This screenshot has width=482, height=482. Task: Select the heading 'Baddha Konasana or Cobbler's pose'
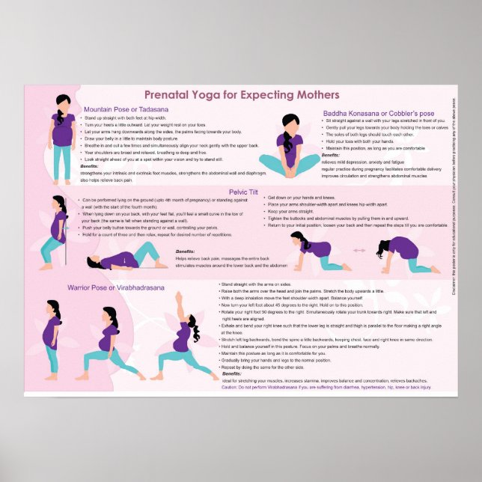coord(385,113)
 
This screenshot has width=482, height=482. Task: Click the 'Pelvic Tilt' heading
coord(244,192)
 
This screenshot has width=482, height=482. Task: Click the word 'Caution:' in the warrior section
coord(229,387)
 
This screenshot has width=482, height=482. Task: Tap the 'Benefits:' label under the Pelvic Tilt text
coord(185,251)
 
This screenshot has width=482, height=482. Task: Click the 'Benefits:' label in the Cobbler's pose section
coord(330,154)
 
